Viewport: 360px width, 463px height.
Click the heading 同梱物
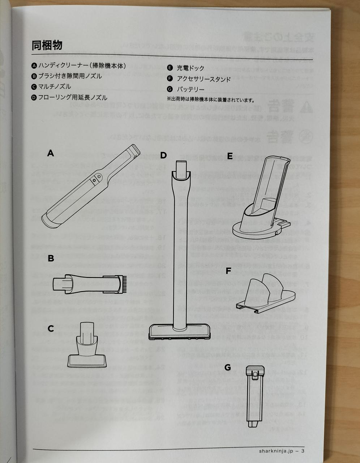point(47,45)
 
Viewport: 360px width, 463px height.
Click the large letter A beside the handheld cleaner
point(51,153)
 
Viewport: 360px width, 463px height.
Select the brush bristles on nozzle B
point(124,284)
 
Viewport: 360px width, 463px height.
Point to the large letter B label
point(51,259)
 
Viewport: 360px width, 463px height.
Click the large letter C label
point(51,328)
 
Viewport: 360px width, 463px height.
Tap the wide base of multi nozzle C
point(87,360)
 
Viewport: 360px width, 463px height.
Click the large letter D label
point(163,155)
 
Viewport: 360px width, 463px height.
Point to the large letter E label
point(230,156)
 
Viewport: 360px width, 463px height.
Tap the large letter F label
point(228,271)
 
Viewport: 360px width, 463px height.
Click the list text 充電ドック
point(190,68)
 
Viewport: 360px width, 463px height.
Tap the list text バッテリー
point(190,89)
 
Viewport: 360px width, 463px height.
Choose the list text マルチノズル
point(55,87)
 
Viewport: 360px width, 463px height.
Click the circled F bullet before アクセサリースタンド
point(170,78)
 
